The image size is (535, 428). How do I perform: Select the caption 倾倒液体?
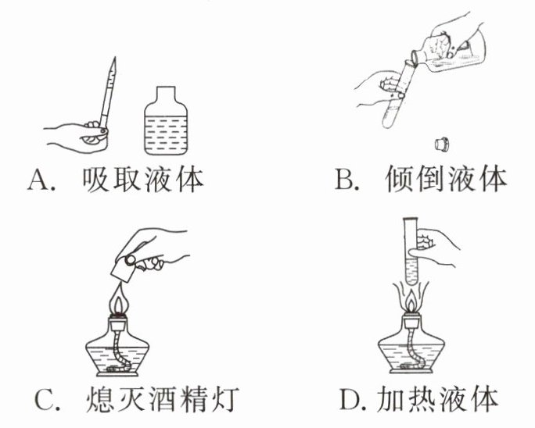446,179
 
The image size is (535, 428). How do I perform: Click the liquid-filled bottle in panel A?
166,121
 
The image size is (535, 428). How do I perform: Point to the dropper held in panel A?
108,93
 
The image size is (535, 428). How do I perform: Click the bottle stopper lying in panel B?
442,144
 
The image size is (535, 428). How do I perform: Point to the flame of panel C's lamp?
117,298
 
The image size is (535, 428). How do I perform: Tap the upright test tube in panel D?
411,251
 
